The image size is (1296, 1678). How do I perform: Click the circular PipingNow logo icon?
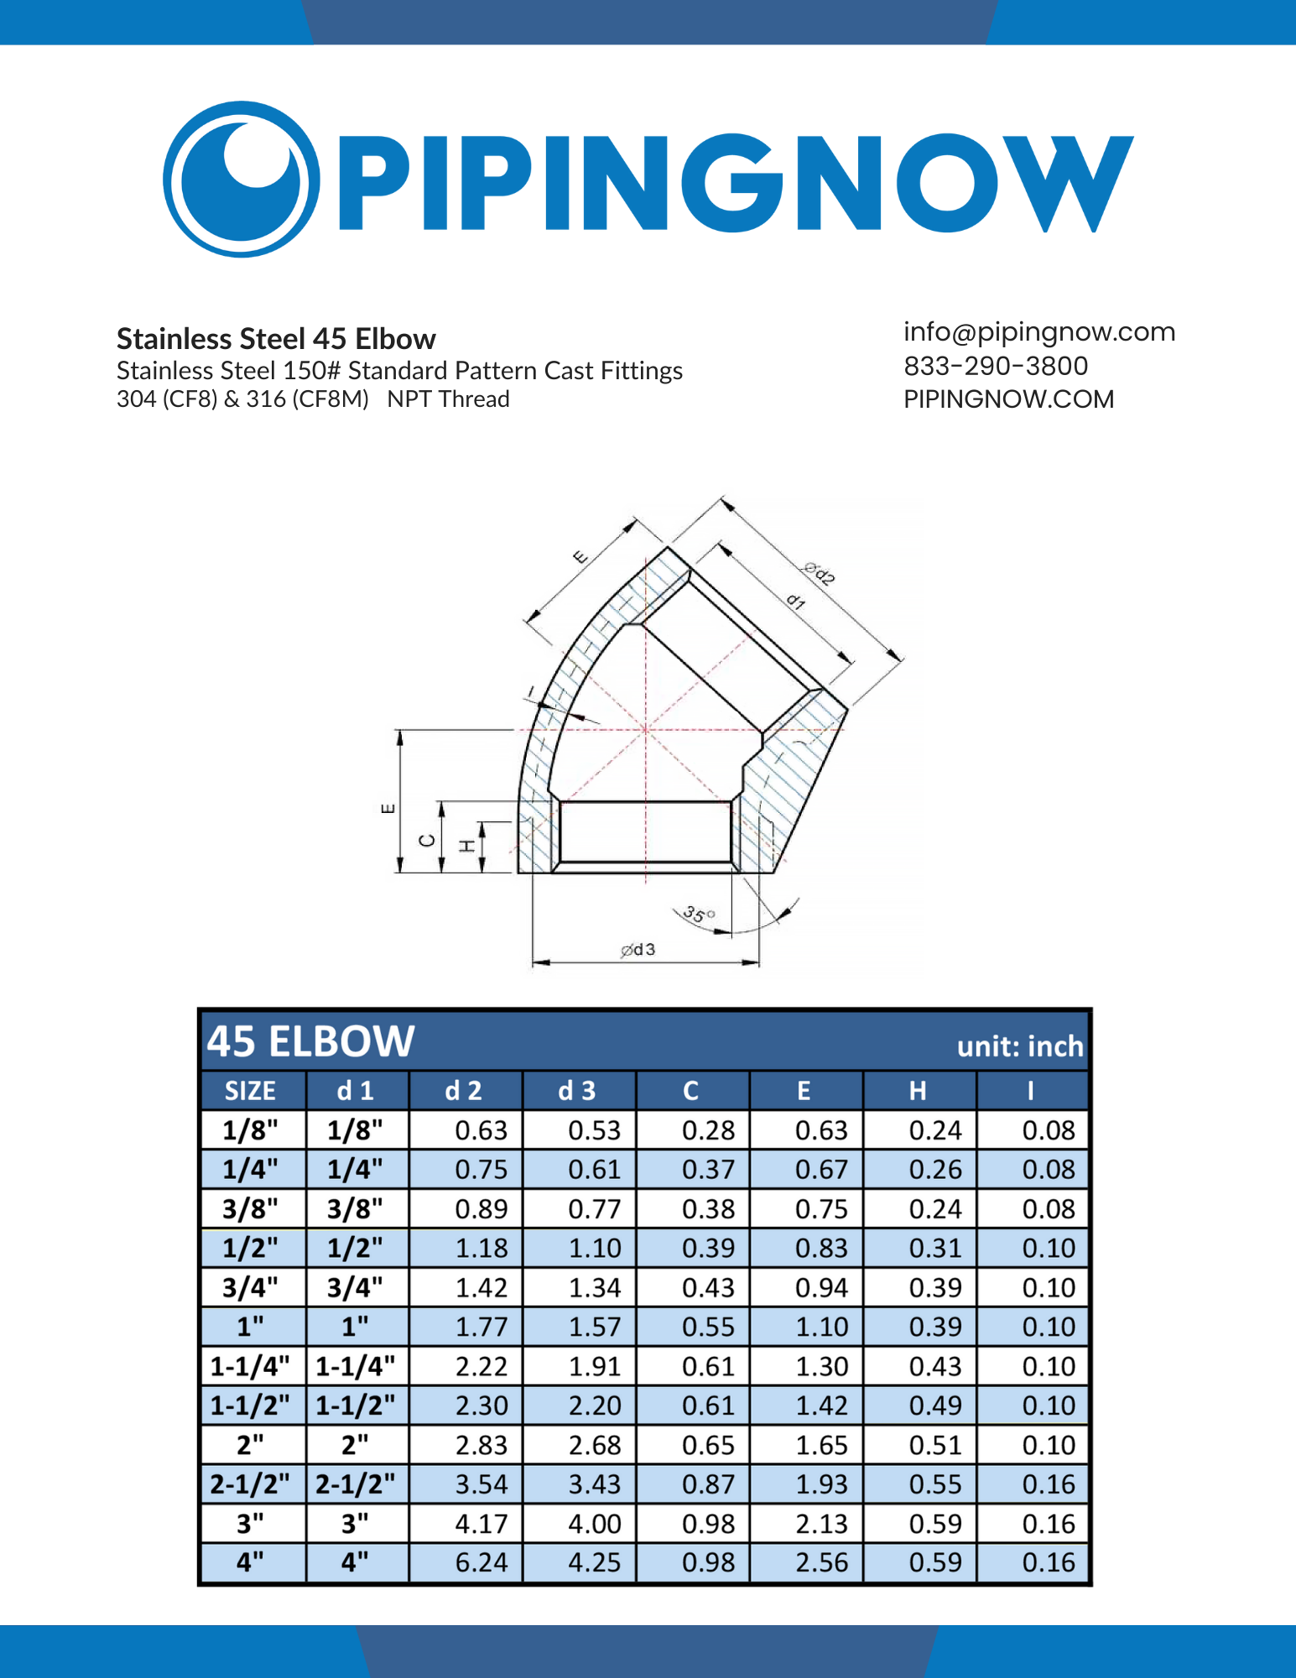241,179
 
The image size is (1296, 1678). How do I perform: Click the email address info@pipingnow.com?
1038,332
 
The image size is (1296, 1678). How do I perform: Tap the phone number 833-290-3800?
995,366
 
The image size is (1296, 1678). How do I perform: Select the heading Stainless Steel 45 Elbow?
276,339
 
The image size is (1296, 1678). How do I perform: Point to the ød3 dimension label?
638,950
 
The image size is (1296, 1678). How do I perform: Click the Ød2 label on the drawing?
820,574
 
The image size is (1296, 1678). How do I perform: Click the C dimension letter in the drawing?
427,841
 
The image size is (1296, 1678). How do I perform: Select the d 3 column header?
577,1091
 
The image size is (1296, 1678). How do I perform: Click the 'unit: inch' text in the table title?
1019,1046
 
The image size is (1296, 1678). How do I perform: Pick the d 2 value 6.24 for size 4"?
481,1562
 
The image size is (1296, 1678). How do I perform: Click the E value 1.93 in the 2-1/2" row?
821,1484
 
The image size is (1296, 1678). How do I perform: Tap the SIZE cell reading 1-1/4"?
250,1366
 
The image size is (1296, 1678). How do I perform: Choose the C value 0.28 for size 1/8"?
708,1130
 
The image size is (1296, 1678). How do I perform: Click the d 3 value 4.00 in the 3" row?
595,1524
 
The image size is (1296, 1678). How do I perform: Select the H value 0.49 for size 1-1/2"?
934,1405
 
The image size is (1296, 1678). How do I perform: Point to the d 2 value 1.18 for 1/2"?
481,1248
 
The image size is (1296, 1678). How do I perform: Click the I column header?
1030,1091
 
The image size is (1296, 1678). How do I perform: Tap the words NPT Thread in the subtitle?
448,399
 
